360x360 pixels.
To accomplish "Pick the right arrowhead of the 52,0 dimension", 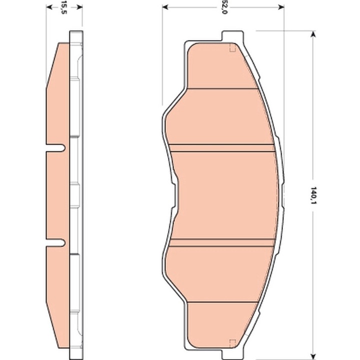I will (280, 7).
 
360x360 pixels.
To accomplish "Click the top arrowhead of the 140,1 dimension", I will (313, 34).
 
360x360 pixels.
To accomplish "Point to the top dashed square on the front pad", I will (232, 49).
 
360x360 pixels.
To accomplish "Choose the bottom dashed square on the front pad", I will (232, 342).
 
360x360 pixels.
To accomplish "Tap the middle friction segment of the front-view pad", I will (225, 195).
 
